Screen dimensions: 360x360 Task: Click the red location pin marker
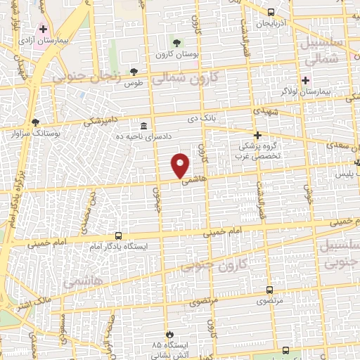pos(181,165)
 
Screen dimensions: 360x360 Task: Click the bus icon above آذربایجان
pos(271,12)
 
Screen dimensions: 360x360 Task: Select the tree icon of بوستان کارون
pos(177,44)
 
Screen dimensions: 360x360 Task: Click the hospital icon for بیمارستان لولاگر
pos(305,79)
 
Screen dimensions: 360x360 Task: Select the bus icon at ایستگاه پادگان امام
pos(118,236)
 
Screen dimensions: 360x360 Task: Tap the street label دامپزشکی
pos(98,121)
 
